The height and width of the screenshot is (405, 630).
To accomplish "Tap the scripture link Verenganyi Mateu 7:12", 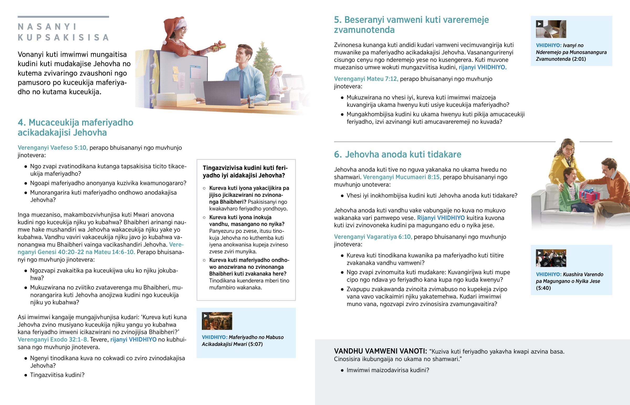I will pos(366,79).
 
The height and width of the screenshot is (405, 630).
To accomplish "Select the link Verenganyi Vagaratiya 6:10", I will pos(373,237).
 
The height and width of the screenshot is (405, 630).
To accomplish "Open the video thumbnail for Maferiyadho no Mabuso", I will pos(217,321).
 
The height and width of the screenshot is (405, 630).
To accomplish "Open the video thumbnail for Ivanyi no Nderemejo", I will pos(551,29).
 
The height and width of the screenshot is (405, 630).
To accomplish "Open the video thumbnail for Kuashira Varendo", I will pos(551,258).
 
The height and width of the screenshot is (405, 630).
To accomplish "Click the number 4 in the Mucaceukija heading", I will pos(21,123).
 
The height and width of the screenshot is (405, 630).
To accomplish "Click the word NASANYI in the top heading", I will pos(47,27).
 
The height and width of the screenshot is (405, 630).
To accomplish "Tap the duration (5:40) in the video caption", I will pos(543,288).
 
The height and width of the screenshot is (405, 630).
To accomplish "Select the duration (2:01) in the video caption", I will pos(579,59).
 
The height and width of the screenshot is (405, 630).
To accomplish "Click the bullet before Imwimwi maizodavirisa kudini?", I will pos(342,370).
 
